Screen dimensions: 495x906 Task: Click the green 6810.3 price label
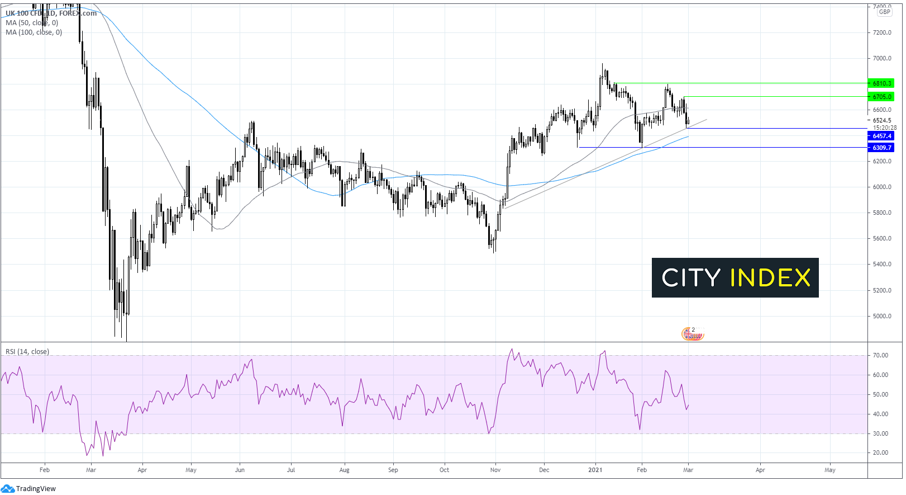point(881,83)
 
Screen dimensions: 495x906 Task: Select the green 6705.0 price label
point(881,97)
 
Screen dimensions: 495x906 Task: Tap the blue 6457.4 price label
point(881,136)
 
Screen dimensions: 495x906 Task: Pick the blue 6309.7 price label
point(881,148)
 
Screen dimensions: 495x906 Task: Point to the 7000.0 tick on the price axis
point(882,58)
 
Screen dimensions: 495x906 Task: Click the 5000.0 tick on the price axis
point(882,316)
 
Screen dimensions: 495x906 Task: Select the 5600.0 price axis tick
point(882,238)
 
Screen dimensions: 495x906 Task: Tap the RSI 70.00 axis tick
point(880,355)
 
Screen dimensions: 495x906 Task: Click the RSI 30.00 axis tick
point(880,433)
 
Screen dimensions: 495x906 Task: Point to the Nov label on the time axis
point(495,470)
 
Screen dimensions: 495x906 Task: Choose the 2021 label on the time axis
point(595,470)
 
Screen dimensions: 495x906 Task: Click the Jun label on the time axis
point(240,470)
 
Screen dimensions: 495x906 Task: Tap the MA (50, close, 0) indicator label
point(32,23)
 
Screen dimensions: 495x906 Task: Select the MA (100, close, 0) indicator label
point(34,32)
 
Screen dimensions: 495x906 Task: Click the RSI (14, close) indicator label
point(27,351)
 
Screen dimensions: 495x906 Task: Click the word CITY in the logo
point(691,278)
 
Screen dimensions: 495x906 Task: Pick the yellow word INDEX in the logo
point(770,278)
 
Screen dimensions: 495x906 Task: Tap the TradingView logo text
point(36,488)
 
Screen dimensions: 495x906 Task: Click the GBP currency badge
point(884,12)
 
